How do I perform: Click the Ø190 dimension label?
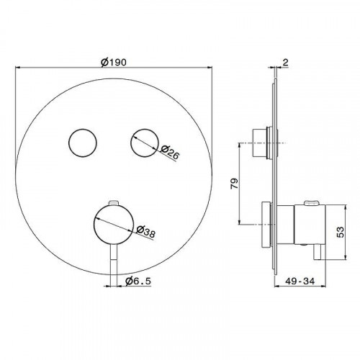click(x=114, y=63)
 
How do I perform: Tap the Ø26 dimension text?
click(x=170, y=152)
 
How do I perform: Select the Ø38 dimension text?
click(x=145, y=232)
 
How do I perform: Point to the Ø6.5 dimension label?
click(x=138, y=281)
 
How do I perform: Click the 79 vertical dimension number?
click(x=235, y=184)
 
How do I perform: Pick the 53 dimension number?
click(x=340, y=232)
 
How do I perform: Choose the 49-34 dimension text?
click(x=300, y=281)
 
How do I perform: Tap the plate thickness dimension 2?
click(x=285, y=63)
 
